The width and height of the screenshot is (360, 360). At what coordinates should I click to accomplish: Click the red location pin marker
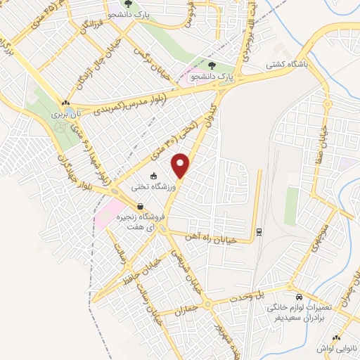pyautogui.click(x=181, y=166)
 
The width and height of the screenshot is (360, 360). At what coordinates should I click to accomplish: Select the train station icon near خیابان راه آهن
pyautogui.click(x=259, y=231)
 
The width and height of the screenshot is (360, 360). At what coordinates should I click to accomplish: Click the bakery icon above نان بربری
pyautogui.click(x=65, y=103)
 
